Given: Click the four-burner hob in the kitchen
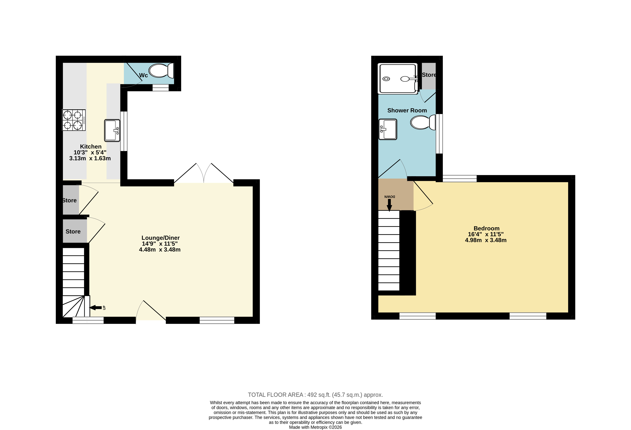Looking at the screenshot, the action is tap(74, 120).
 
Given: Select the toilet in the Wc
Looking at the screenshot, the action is tap(161, 71).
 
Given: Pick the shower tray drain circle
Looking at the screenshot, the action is tap(386, 79).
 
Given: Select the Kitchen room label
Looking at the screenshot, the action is tap(91, 147).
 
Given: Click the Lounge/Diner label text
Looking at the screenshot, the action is tap(160, 238).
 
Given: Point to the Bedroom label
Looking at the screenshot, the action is tap(487, 228).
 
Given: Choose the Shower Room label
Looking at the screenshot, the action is tap(407, 110).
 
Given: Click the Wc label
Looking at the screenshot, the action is tap(143, 75).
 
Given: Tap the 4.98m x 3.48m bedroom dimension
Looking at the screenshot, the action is tap(486, 240).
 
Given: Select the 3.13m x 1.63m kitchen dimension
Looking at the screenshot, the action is tap(90, 158).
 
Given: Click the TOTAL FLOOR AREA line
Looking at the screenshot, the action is tap(315, 395).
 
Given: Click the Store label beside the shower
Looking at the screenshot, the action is tap(429, 75).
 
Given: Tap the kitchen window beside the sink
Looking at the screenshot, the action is tap(124, 131).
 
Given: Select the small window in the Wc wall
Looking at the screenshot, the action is tap(160, 87).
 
